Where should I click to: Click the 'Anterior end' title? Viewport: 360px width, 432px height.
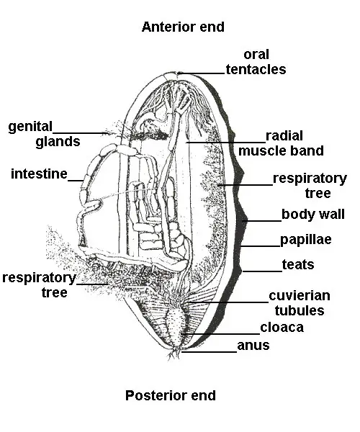183,27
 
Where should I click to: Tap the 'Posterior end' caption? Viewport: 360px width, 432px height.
171,395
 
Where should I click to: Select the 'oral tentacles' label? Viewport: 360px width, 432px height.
256,62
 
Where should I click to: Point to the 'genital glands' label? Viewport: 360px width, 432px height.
44,134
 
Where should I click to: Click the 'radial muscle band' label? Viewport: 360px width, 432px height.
282,143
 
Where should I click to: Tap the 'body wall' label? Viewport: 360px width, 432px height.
312,215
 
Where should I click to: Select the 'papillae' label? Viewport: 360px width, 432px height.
306,240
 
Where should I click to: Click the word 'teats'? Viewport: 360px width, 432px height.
298,264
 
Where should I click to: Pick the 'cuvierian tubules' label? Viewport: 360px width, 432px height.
299,303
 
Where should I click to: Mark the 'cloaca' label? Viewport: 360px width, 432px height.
282,328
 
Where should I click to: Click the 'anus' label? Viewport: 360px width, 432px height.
253,346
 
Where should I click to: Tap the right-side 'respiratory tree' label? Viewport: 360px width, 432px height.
310,186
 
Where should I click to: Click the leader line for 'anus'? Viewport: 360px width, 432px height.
210,351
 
